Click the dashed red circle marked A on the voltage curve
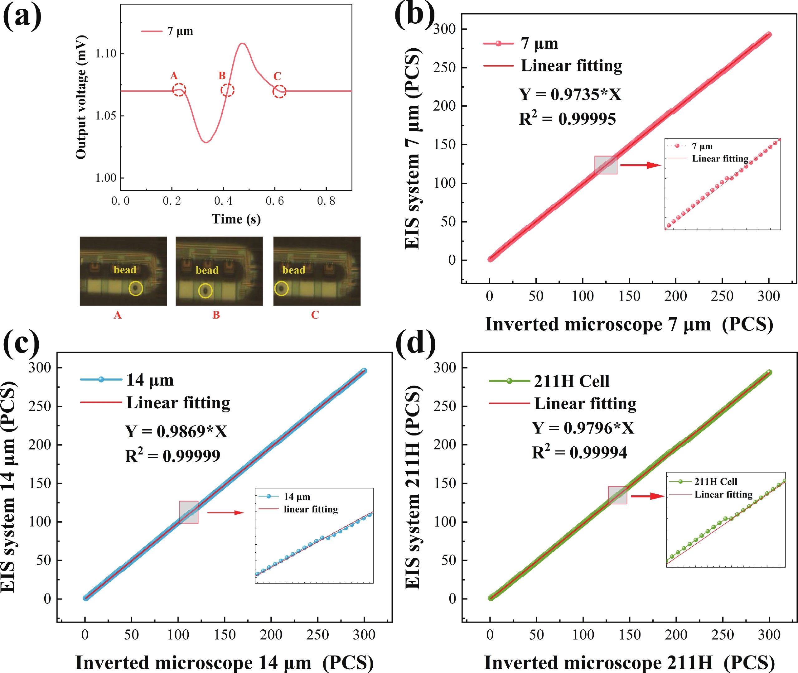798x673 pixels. [x=179, y=90]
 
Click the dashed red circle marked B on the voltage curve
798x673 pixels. [x=227, y=90]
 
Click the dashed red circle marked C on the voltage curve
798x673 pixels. [x=279, y=92]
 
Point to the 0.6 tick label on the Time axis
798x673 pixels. [x=275, y=201]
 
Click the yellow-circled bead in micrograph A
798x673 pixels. [x=135, y=288]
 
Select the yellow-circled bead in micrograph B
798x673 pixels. [x=205, y=291]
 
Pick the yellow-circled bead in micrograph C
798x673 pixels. [x=281, y=288]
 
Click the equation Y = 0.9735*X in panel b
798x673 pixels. [x=570, y=94]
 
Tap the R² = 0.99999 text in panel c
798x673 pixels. [x=172, y=455]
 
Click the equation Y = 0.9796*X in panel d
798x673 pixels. [x=583, y=428]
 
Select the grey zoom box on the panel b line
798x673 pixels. [x=606, y=165]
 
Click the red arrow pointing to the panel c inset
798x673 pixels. [x=225, y=512]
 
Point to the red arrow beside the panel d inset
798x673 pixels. [x=648, y=496]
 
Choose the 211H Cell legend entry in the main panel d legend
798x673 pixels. [x=571, y=381]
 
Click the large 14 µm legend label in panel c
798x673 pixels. [x=150, y=380]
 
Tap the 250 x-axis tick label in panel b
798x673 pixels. [x=722, y=296]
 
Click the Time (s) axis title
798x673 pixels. [x=236, y=219]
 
